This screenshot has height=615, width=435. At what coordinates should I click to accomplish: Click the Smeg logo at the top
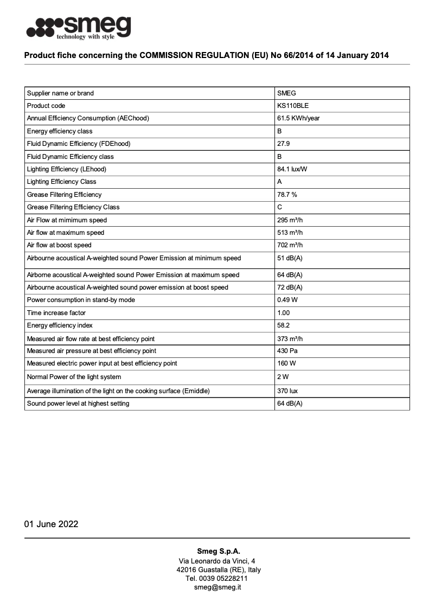79,28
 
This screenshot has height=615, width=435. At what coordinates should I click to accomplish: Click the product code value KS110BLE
293,106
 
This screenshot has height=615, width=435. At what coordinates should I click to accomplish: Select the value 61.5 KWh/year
298,118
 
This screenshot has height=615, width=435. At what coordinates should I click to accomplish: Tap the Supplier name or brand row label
60,93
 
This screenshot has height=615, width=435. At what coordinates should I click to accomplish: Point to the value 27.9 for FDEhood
283,144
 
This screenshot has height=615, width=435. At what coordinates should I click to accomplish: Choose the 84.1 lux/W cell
292,169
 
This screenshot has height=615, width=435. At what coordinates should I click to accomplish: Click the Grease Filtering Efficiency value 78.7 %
287,194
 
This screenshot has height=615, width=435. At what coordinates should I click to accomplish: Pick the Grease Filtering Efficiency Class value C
280,207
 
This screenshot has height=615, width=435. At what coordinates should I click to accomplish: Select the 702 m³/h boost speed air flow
290,245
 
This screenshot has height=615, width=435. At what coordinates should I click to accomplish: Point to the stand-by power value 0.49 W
287,300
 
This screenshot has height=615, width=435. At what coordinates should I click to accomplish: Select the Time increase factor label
56,313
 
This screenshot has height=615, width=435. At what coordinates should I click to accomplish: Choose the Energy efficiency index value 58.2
283,325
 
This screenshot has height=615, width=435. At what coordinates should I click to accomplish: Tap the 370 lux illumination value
287,390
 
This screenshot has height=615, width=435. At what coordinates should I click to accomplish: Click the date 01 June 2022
51,524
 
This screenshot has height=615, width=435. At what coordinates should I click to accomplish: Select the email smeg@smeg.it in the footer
217,587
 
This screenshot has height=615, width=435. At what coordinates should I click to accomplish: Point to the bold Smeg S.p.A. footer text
217,551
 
